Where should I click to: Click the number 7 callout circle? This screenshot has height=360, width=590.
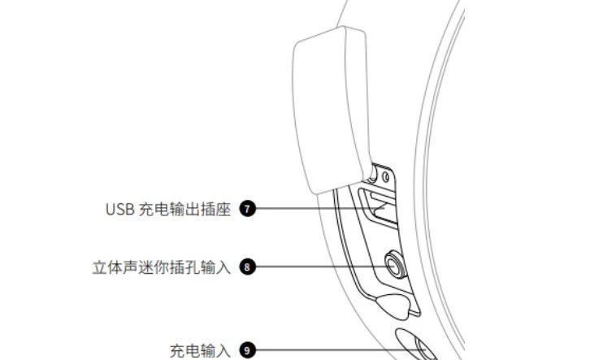(x=247, y=209)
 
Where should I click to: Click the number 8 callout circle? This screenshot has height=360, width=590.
(x=247, y=267)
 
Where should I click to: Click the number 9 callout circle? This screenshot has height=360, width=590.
(x=247, y=350)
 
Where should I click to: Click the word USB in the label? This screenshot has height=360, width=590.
(x=120, y=209)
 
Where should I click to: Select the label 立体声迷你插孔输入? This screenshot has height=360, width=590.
(x=162, y=267)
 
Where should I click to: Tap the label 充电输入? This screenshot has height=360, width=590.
(x=200, y=351)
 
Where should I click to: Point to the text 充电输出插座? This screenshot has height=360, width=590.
(x=184, y=209)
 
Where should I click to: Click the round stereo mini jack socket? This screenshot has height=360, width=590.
(x=395, y=266)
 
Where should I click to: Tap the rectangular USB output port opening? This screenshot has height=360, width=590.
(x=378, y=208)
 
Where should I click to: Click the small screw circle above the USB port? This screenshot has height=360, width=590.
(x=385, y=176)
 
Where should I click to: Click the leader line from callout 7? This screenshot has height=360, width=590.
(x=320, y=208)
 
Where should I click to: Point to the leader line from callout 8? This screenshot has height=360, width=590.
(x=324, y=267)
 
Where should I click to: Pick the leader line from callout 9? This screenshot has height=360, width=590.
(x=341, y=350)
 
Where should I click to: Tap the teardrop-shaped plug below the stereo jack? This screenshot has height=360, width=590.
(x=393, y=306)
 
